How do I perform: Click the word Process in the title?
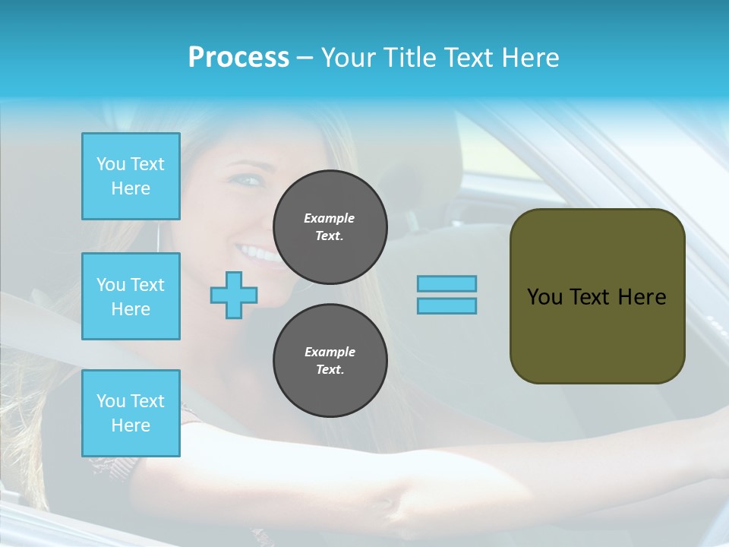click(x=238, y=58)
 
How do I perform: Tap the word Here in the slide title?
click(x=530, y=58)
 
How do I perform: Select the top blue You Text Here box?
click(x=131, y=176)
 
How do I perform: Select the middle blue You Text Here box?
click(x=131, y=296)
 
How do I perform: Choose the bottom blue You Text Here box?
click(x=131, y=413)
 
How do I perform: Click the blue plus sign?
click(x=234, y=295)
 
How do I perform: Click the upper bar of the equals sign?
click(x=447, y=283)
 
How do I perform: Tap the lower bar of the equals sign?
click(x=447, y=305)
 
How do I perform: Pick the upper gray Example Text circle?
click(x=330, y=227)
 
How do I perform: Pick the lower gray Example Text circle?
click(x=330, y=361)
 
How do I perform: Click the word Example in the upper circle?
click(x=329, y=218)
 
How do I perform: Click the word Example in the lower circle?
click(x=330, y=352)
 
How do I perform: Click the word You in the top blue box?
click(x=111, y=164)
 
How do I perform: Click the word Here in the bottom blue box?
click(x=131, y=425)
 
